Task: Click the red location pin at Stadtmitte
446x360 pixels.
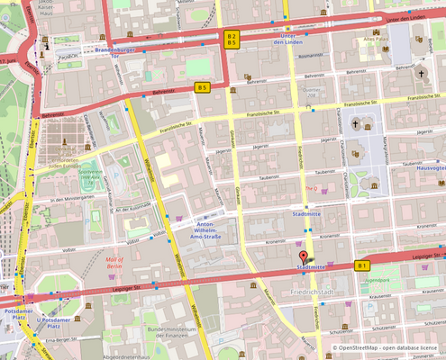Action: (302, 259)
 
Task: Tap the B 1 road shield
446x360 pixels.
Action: (362, 265)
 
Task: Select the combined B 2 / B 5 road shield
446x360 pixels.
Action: (232, 39)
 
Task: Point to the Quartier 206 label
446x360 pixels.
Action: (311, 94)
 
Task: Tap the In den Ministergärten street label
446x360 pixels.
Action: (72, 199)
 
